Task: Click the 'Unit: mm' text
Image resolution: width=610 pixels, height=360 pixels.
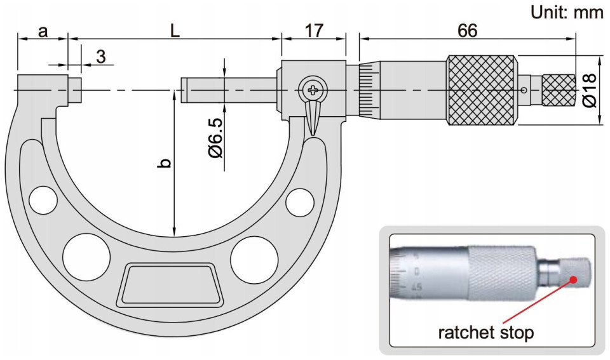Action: (567, 13)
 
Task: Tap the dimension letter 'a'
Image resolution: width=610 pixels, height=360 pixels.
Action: (43, 32)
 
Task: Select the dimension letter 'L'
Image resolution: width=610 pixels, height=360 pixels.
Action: (175, 30)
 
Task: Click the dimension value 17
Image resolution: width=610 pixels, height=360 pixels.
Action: (314, 30)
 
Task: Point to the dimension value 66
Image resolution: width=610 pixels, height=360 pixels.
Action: (467, 30)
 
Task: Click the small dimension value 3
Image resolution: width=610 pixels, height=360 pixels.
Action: (101, 57)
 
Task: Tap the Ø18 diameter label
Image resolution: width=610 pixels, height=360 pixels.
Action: (590, 90)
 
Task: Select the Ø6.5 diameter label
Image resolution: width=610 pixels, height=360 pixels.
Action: (216, 138)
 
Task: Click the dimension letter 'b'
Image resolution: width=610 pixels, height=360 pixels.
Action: (165, 163)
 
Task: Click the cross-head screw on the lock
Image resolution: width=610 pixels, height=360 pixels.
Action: (313, 90)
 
